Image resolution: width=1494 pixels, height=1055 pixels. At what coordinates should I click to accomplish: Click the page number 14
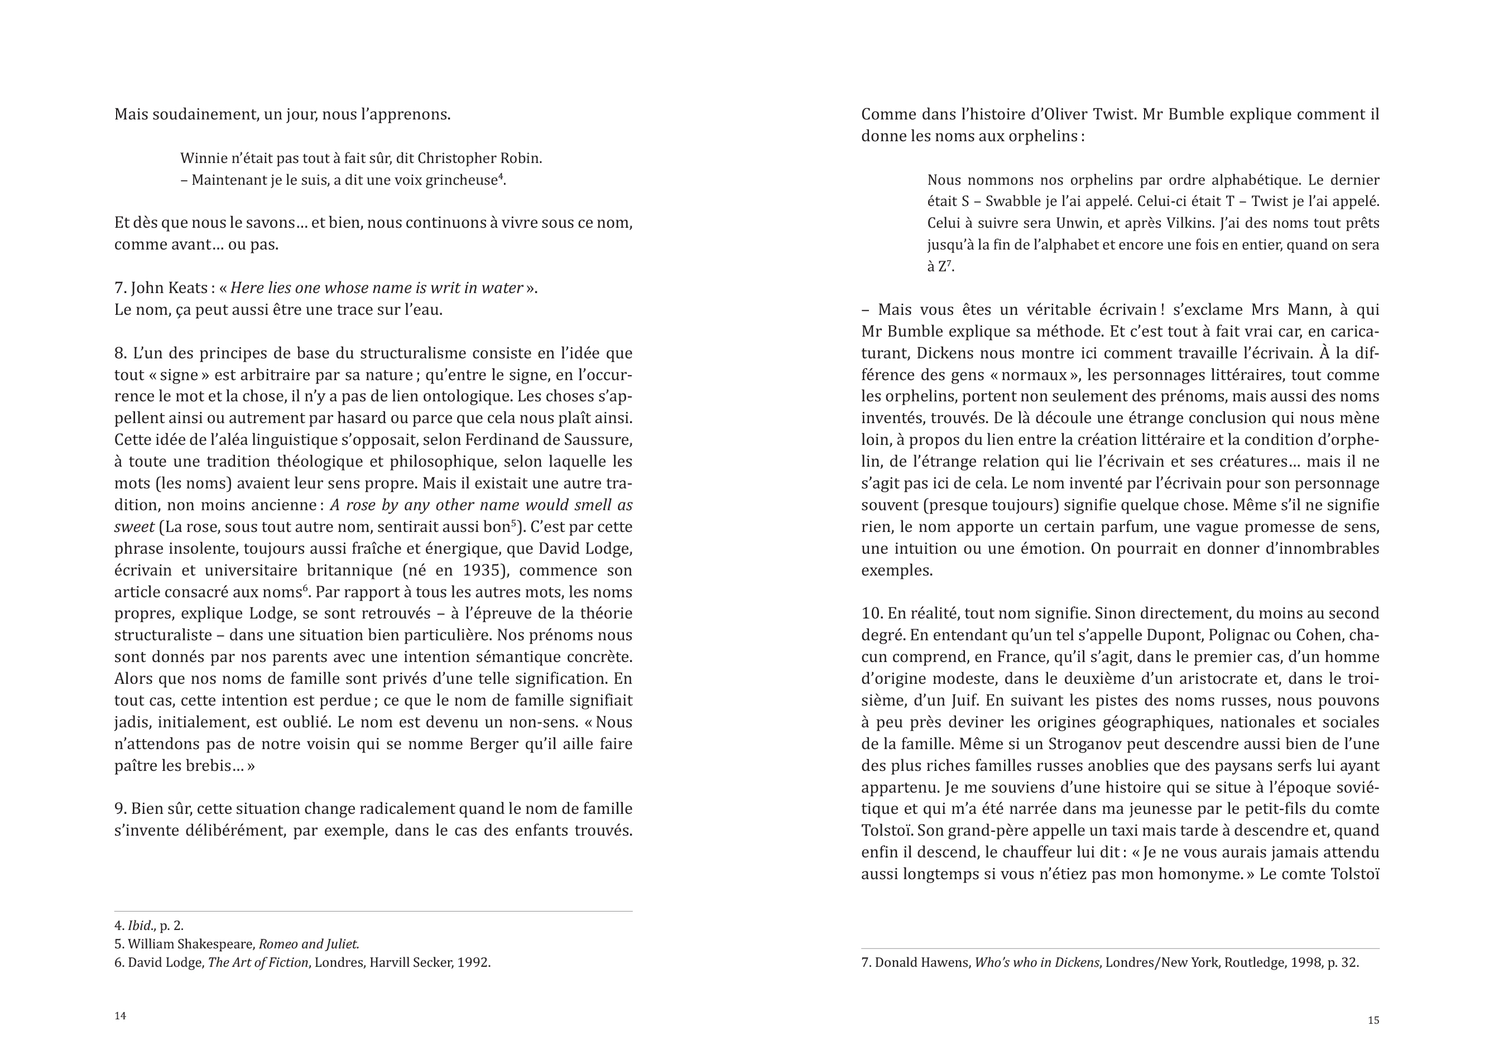[x=121, y=1016]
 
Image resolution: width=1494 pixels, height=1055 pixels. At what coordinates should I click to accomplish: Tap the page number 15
[x=1373, y=1020]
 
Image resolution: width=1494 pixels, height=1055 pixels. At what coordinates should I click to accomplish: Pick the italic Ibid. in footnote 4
[x=141, y=925]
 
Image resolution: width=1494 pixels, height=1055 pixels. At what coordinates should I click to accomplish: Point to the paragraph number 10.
[x=871, y=613]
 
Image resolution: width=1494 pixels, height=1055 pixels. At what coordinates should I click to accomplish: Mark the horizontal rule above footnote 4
[x=373, y=911]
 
